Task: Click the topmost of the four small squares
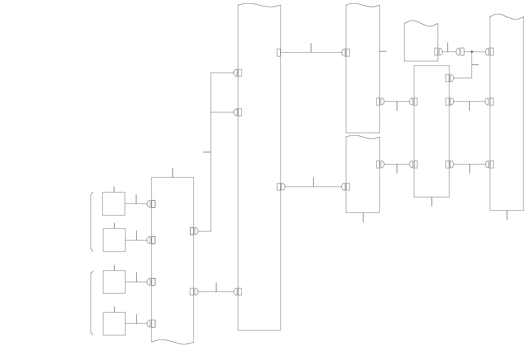point(114,204)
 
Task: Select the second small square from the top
point(114,240)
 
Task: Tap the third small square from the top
point(114,282)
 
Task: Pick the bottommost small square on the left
point(114,323)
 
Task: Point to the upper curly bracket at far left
point(91,222)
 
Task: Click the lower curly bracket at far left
point(91,303)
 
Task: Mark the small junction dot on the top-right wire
point(472,52)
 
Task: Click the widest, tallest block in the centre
point(259,167)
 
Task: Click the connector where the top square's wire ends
point(151,204)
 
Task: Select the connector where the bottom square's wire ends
point(151,324)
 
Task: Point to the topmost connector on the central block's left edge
point(238,73)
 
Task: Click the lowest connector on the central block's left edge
point(238,292)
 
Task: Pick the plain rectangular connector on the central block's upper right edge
point(279,52)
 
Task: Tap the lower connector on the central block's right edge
point(281,187)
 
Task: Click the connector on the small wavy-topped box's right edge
point(438,51)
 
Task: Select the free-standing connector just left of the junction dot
point(460,52)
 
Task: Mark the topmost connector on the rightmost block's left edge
point(490,51)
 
